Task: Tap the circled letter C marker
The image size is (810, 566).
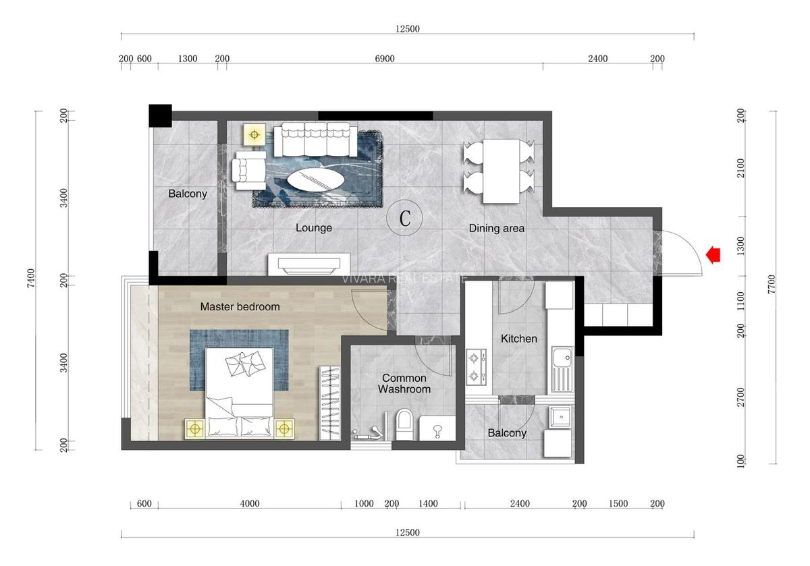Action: click(405, 219)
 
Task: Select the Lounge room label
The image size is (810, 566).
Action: click(314, 228)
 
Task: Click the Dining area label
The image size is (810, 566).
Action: click(497, 229)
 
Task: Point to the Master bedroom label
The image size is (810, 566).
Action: click(240, 307)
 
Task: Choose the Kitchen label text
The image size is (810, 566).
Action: click(518, 339)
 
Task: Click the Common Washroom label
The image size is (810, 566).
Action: click(404, 384)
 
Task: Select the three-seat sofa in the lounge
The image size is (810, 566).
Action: click(316, 138)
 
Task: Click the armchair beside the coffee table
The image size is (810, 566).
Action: click(248, 167)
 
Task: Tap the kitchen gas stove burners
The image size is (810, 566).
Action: click(476, 366)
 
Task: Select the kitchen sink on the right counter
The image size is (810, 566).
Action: click(561, 369)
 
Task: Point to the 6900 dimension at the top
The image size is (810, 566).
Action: click(385, 59)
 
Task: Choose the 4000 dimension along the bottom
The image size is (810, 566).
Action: click(249, 503)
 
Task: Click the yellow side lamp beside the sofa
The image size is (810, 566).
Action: click(254, 135)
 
